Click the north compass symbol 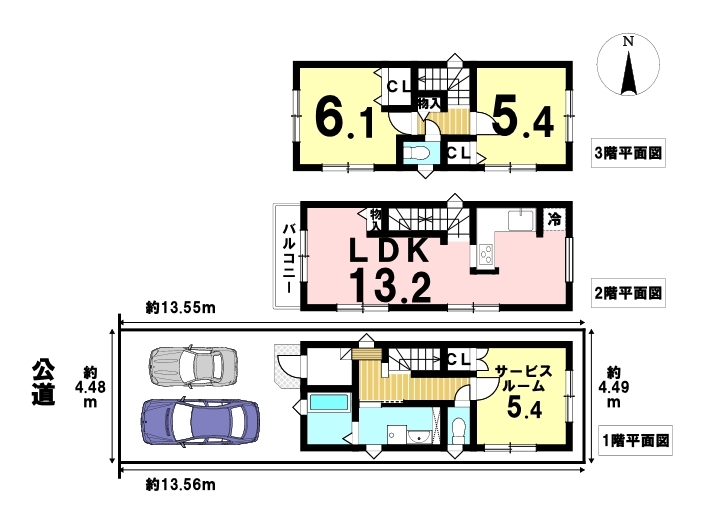(x=628, y=64)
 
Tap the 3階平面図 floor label (x=628, y=154)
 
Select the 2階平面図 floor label (x=628, y=294)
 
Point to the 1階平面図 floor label (x=636, y=440)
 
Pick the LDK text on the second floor (x=389, y=251)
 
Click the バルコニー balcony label (x=289, y=258)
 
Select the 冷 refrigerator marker (x=554, y=219)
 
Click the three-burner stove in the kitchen (x=486, y=255)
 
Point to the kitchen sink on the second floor (x=520, y=220)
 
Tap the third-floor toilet (x=415, y=154)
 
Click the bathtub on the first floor (x=330, y=402)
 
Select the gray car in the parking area (x=193, y=366)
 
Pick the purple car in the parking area (x=200, y=422)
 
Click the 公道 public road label (x=44, y=382)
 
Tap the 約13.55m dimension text (x=181, y=308)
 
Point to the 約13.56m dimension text (x=181, y=485)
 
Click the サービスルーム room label (x=523, y=379)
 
